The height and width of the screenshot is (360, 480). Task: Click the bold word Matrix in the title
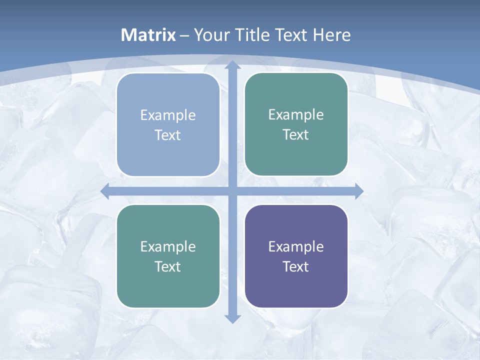coord(148,35)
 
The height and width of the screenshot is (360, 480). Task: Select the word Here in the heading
coord(332,35)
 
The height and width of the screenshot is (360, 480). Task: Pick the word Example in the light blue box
coord(168,115)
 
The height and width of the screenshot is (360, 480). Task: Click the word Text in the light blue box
coord(168,135)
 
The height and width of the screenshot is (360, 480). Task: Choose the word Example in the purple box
coord(296,246)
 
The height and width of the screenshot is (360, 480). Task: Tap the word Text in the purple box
coord(296,266)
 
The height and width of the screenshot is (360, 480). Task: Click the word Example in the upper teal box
coord(296,115)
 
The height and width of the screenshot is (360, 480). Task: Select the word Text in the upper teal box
coord(296,135)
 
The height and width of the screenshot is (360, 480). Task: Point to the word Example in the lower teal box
coord(168,246)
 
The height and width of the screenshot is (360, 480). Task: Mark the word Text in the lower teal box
coord(168,266)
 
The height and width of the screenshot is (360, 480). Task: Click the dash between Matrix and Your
coord(184,35)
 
